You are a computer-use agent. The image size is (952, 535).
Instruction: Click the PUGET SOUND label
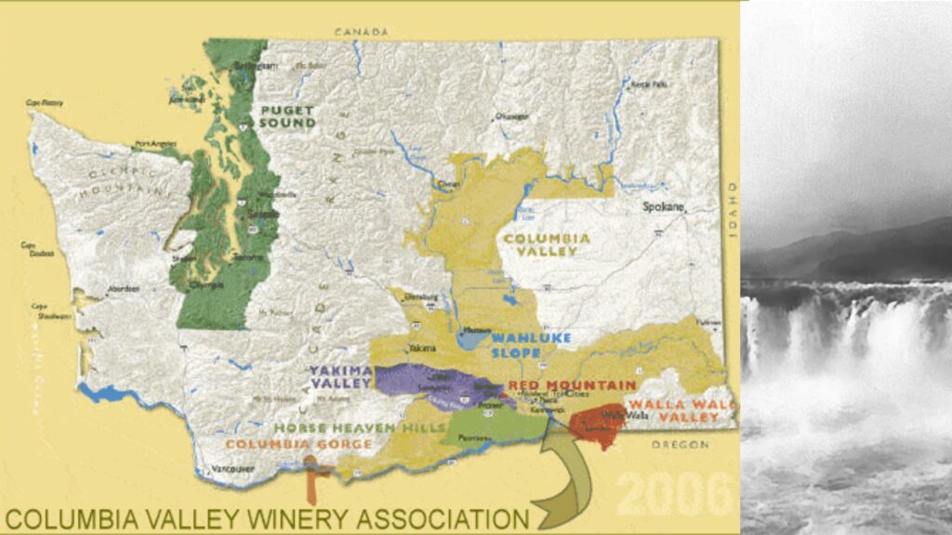coord(288,116)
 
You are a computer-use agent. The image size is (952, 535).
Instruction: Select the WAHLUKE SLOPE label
coord(531,345)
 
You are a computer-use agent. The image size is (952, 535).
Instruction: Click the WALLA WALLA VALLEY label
coord(683,411)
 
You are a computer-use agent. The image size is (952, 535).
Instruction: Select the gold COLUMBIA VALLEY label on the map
coord(547,245)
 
